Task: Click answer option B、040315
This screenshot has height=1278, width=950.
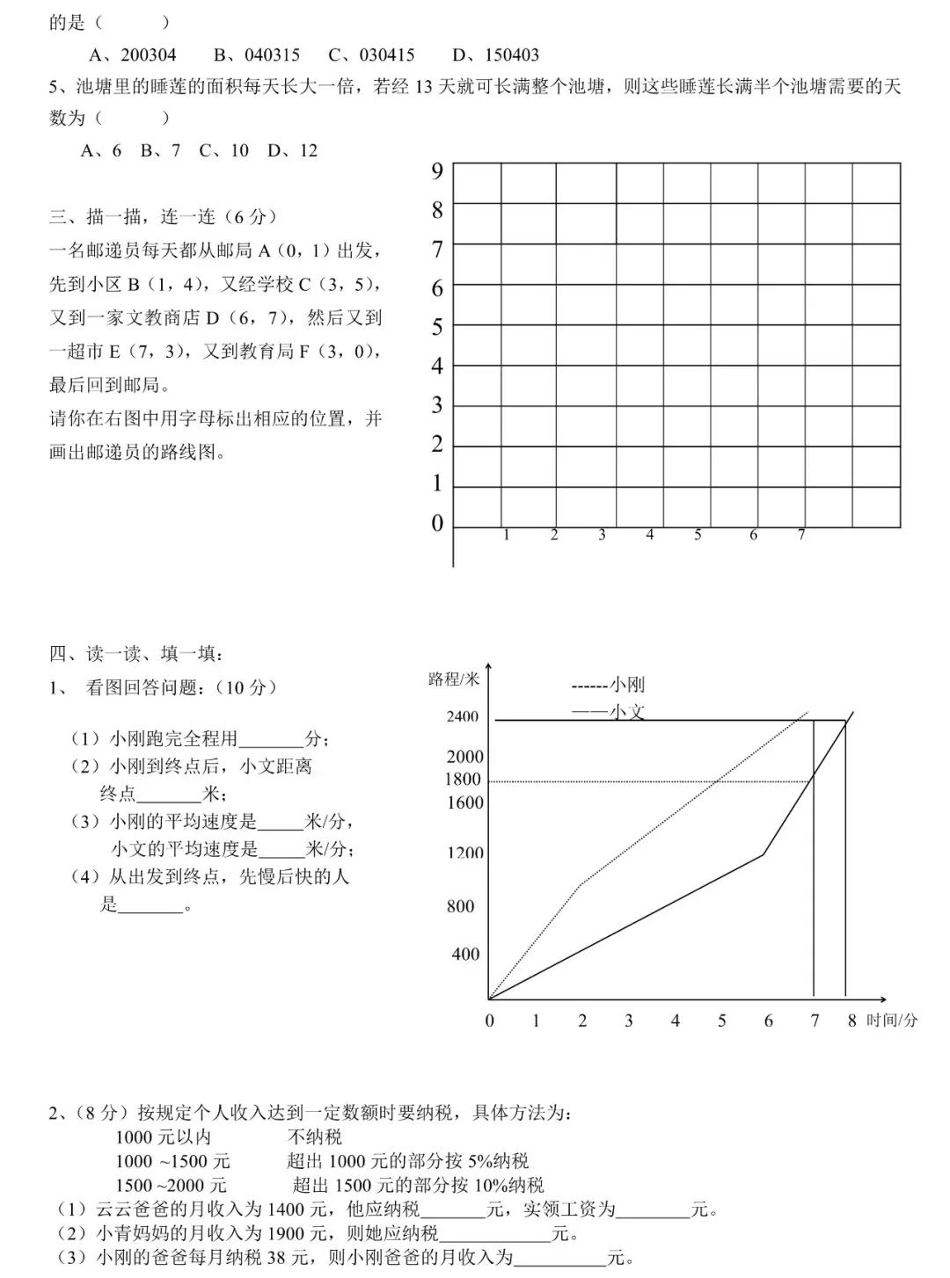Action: tap(257, 54)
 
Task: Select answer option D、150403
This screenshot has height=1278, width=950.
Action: tap(495, 54)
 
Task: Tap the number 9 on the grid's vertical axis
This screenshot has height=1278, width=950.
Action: tap(437, 171)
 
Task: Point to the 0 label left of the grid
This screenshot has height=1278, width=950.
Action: tap(437, 523)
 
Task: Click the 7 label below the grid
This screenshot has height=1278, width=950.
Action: tap(801, 534)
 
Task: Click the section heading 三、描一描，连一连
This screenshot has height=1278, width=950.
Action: tap(163, 216)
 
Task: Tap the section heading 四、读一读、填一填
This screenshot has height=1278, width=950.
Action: tap(136, 653)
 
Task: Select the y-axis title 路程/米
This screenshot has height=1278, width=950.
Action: tap(454, 679)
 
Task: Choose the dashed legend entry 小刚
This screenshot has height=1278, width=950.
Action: tap(608, 685)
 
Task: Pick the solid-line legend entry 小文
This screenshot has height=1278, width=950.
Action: tap(608, 711)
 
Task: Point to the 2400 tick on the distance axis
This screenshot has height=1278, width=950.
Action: tap(463, 716)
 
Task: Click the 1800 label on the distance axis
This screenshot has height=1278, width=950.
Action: tap(463, 780)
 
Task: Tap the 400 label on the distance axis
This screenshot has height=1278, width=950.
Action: tap(465, 954)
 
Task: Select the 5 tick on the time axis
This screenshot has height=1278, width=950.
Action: tap(722, 1020)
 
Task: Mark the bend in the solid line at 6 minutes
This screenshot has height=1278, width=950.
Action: tap(763, 854)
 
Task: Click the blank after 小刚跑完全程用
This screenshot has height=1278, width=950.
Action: tap(271, 739)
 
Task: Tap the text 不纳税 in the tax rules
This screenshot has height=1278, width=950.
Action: tap(314, 1137)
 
